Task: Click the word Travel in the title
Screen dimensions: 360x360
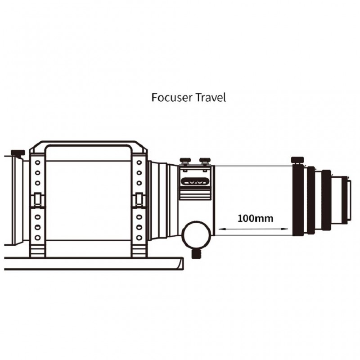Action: click(211, 97)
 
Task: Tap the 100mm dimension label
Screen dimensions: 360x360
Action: click(255, 218)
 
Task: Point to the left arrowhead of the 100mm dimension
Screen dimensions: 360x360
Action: click(221, 229)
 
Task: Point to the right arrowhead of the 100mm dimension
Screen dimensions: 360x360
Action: click(285, 229)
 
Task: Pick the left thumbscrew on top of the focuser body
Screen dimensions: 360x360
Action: click(185, 160)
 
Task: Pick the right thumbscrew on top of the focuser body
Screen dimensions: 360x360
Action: click(205, 160)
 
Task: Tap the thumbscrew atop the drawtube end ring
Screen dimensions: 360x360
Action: click(297, 160)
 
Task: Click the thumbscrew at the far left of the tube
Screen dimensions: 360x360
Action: click(18, 153)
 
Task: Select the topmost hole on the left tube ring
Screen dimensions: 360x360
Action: click(37, 162)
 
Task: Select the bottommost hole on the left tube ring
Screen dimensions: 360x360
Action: click(37, 238)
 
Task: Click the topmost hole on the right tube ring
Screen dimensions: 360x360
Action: click(139, 162)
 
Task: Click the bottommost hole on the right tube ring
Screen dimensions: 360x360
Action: click(139, 238)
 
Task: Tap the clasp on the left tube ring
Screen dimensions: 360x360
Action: click(37, 199)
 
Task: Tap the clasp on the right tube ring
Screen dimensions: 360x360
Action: click(139, 199)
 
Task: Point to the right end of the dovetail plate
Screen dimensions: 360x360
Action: click(183, 264)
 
